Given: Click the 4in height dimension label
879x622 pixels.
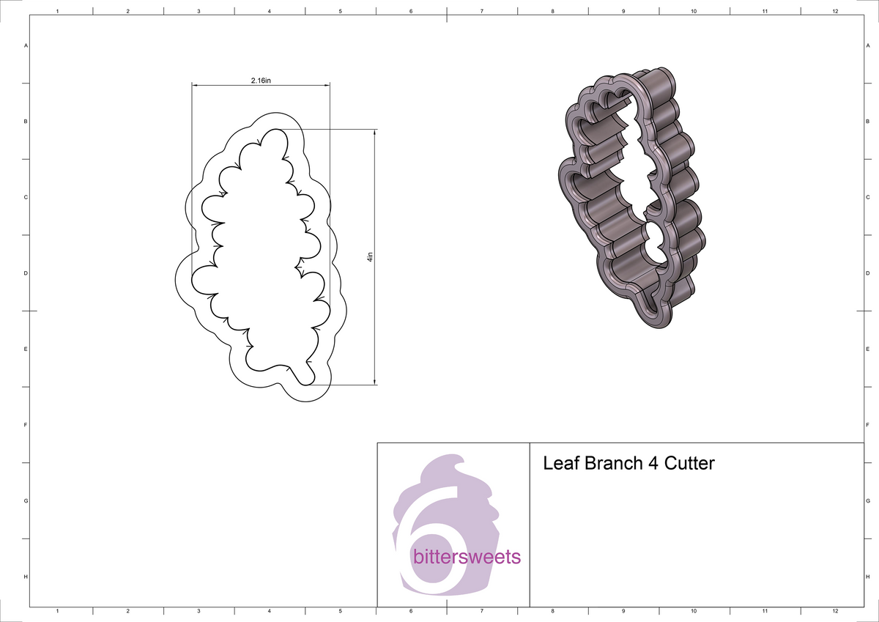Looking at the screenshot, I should [x=370, y=257].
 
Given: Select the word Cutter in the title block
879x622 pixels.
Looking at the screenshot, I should [x=689, y=464].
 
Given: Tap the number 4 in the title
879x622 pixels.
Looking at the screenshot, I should [x=652, y=464].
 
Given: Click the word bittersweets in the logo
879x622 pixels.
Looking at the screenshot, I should [x=467, y=558].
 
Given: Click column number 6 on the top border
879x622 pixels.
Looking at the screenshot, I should [x=411, y=12].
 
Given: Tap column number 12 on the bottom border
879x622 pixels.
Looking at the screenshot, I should [x=835, y=610].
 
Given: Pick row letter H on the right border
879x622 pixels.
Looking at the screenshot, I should [x=867, y=577].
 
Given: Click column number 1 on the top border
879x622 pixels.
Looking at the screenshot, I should [x=57, y=12].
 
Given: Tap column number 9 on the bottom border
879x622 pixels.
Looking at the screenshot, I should [x=623, y=610].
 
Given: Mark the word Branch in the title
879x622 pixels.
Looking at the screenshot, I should [x=612, y=464].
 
